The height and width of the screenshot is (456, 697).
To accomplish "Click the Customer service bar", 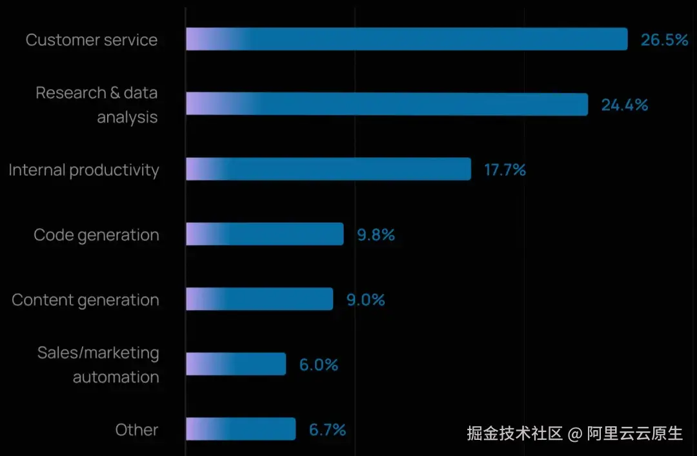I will (x=407, y=39).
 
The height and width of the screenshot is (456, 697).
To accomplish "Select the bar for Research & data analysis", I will (x=387, y=104).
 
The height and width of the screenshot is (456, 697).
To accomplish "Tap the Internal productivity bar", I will (x=328, y=169).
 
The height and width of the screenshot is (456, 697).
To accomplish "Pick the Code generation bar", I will (x=265, y=234).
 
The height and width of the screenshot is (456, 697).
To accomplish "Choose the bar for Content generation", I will (x=259, y=299).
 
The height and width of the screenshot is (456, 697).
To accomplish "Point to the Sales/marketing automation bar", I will (x=236, y=364).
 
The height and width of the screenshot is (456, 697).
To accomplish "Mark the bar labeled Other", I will (x=241, y=429).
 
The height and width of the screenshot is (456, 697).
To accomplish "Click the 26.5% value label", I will (x=664, y=40).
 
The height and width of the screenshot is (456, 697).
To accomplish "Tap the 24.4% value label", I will (x=624, y=105).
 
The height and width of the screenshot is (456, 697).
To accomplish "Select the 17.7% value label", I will (x=505, y=170).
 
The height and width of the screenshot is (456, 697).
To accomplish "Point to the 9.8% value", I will (x=376, y=235).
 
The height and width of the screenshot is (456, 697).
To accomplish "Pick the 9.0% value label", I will (x=365, y=300).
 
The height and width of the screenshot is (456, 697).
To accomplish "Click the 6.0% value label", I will (x=318, y=365).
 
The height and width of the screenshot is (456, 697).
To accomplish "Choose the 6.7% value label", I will (x=327, y=430).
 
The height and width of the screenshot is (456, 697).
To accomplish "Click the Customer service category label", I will (x=92, y=40).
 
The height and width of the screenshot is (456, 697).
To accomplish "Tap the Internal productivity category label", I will (x=84, y=170).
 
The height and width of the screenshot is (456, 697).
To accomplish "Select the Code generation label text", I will (x=96, y=235).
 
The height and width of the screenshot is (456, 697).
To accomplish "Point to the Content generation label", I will (x=85, y=300).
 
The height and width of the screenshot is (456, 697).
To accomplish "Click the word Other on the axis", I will (x=137, y=430).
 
